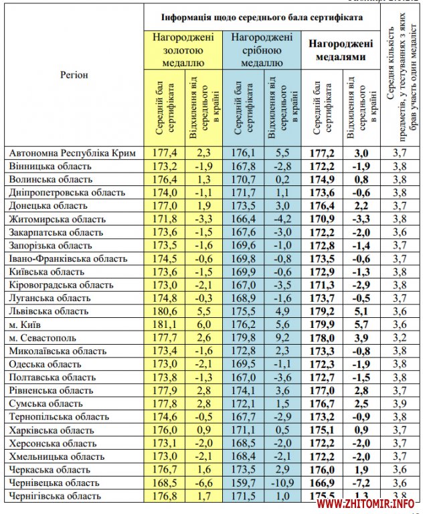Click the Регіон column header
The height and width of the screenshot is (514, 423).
[x=74, y=75]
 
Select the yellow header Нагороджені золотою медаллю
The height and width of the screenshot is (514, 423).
[x=184, y=50]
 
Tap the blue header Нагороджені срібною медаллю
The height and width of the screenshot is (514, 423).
[x=262, y=50]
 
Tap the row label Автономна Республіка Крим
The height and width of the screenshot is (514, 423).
[x=72, y=153]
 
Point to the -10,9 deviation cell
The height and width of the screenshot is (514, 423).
[x=281, y=482]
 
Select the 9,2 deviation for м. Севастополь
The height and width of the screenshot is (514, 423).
[x=281, y=337]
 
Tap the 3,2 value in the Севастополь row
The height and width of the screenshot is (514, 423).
[x=400, y=337]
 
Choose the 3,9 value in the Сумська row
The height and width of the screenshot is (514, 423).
[x=400, y=403]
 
